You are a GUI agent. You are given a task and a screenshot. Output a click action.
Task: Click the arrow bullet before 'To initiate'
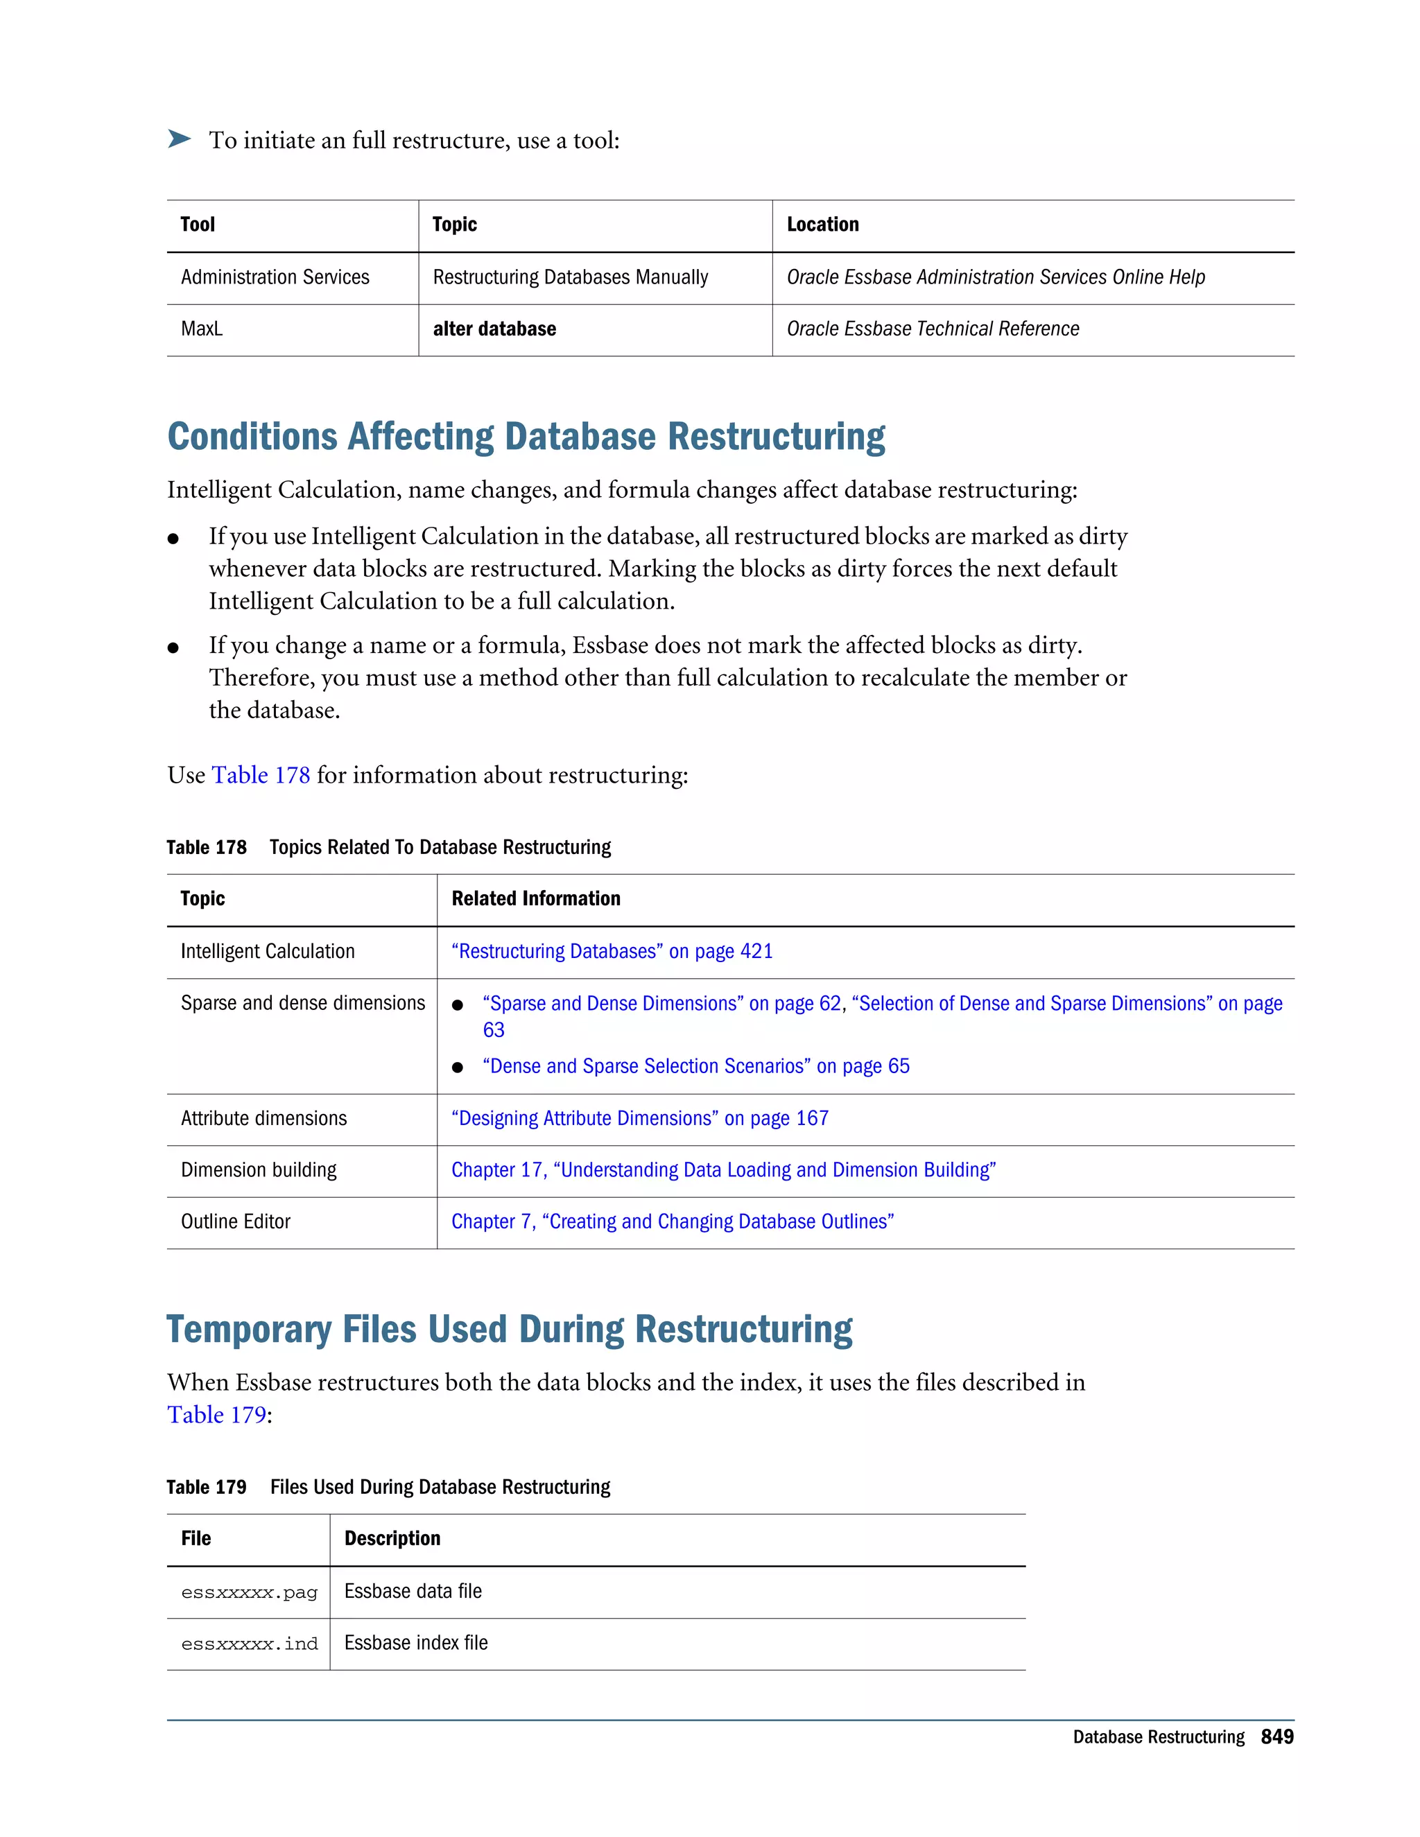tap(179, 139)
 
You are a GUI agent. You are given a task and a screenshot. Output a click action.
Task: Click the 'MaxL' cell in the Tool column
tap(202, 329)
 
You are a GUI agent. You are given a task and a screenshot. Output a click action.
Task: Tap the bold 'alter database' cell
tap(494, 329)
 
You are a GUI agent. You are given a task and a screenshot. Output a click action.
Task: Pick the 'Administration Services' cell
tap(275, 277)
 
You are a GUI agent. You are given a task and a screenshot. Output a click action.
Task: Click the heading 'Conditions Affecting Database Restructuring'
tap(526, 437)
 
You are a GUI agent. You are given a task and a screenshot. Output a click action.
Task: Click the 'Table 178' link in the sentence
tap(261, 775)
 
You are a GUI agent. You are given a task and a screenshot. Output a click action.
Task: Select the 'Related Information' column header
tap(536, 898)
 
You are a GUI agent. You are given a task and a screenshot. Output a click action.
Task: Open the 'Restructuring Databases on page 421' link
tap(612, 951)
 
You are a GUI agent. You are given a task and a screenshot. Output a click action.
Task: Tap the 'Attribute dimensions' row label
tap(263, 1118)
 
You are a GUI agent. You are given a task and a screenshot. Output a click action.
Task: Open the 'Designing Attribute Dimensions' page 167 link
tap(639, 1118)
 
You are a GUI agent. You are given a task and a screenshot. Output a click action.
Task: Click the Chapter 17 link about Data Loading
tap(723, 1170)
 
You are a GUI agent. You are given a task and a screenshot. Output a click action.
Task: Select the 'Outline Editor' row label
tap(236, 1221)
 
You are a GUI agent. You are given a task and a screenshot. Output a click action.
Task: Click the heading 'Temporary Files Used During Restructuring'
tap(509, 1330)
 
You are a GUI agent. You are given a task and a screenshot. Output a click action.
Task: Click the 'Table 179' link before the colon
tap(216, 1415)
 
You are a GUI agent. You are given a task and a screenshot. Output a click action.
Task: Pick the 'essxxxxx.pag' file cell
tap(249, 1592)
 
